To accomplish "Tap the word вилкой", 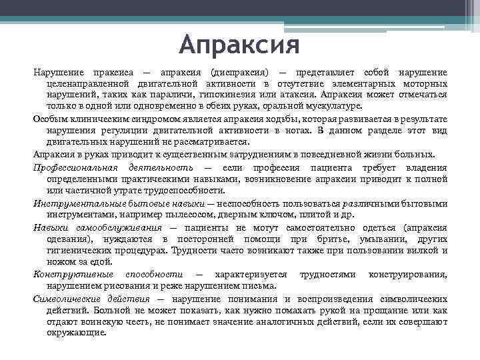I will tap(431, 251).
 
